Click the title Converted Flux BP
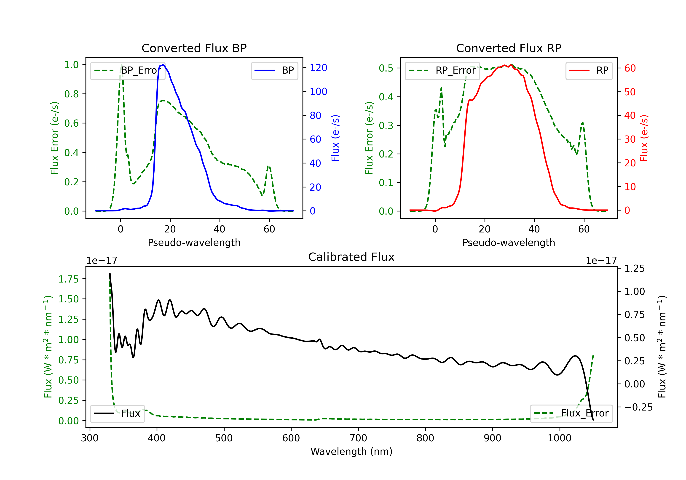tap(194, 48)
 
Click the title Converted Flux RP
tap(509, 48)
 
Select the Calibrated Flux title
tap(351, 257)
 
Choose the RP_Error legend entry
tap(442, 70)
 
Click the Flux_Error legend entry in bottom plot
tap(571, 413)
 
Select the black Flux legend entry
tap(118, 413)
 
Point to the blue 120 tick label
tap(319, 68)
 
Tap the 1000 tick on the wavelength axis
tap(559, 438)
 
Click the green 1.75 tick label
tap(68, 279)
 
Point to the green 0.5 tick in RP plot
tap(386, 68)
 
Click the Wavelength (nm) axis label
tap(351, 451)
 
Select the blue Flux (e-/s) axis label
tap(335, 138)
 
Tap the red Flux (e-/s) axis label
tap(644, 138)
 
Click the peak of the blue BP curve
tap(163, 65)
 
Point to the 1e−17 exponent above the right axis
tap(601, 261)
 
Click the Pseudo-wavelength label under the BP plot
tap(194, 243)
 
